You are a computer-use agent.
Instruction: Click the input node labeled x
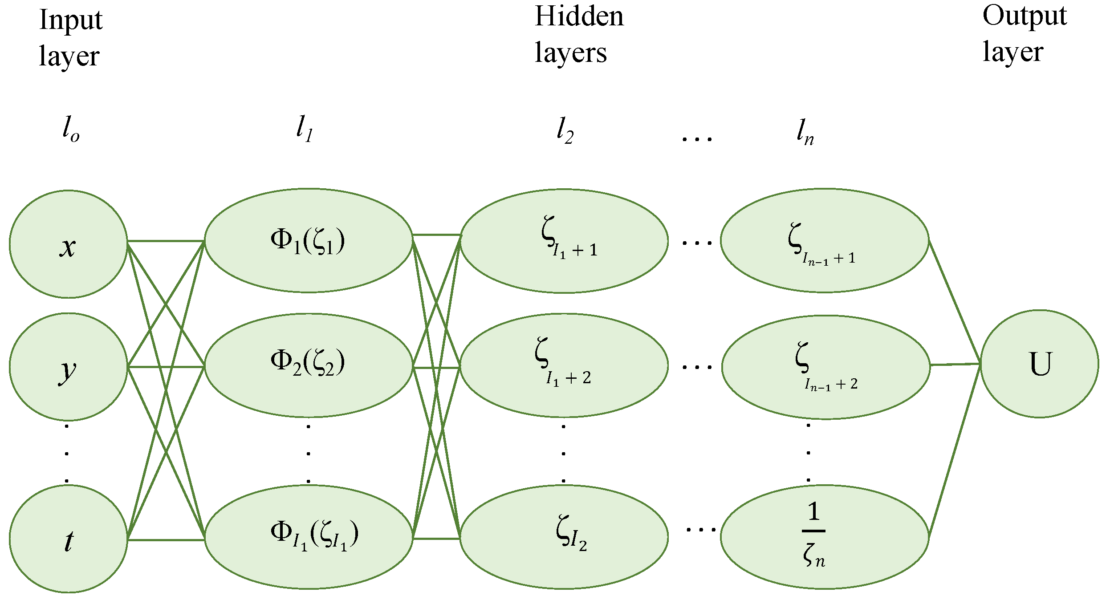point(68,244)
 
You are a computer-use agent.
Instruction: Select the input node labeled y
point(68,367)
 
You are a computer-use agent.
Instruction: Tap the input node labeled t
point(68,539)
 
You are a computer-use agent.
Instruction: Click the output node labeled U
point(1039,364)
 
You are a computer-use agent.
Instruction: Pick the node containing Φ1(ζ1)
point(308,241)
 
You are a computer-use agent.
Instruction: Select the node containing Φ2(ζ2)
point(308,365)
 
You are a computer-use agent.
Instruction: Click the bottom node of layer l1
point(308,537)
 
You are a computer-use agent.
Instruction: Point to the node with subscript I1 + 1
point(564,241)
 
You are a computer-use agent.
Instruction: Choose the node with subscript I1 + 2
point(564,365)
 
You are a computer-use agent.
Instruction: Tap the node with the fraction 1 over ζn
point(825,537)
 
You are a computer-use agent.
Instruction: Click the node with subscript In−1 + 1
point(825,241)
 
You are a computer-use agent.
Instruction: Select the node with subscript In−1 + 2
point(825,367)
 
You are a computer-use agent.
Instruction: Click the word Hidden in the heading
point(579,17)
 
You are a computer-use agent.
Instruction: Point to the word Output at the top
point(1024,17)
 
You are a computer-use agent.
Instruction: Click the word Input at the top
point(71,20)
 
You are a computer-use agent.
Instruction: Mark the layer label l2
point(565,130)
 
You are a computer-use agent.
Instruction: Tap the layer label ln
point(805,132)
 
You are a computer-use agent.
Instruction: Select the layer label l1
point(305,129)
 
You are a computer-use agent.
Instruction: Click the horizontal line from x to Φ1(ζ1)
point(166,241)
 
